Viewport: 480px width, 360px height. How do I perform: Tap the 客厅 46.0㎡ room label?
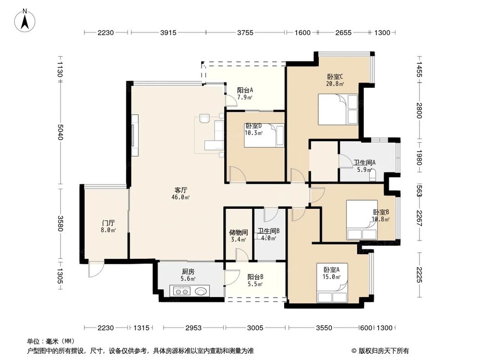pyautogui.click(x=181, y=193)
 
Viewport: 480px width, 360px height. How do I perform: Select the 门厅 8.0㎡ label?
pyautogui.click(x=108, y=226)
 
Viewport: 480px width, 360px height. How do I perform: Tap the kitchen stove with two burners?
pyautogui.click(x=182, y=291)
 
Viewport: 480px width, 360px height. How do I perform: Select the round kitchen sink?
pyautogui.click(x=202, y=291)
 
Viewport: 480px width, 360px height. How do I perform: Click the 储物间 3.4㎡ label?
pyautogui.click(x=238, y=235)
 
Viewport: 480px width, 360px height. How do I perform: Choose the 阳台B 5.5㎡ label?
pyautogui.click(x=255, y=280)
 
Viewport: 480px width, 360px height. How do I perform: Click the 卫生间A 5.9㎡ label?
pyautogui.click(x=364, y=166)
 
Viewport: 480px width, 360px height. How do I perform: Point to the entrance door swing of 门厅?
pyautogui.click(x=95, y=270)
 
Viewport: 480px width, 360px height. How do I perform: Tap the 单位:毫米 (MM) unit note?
pyautogui.click(x=50, y=342)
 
